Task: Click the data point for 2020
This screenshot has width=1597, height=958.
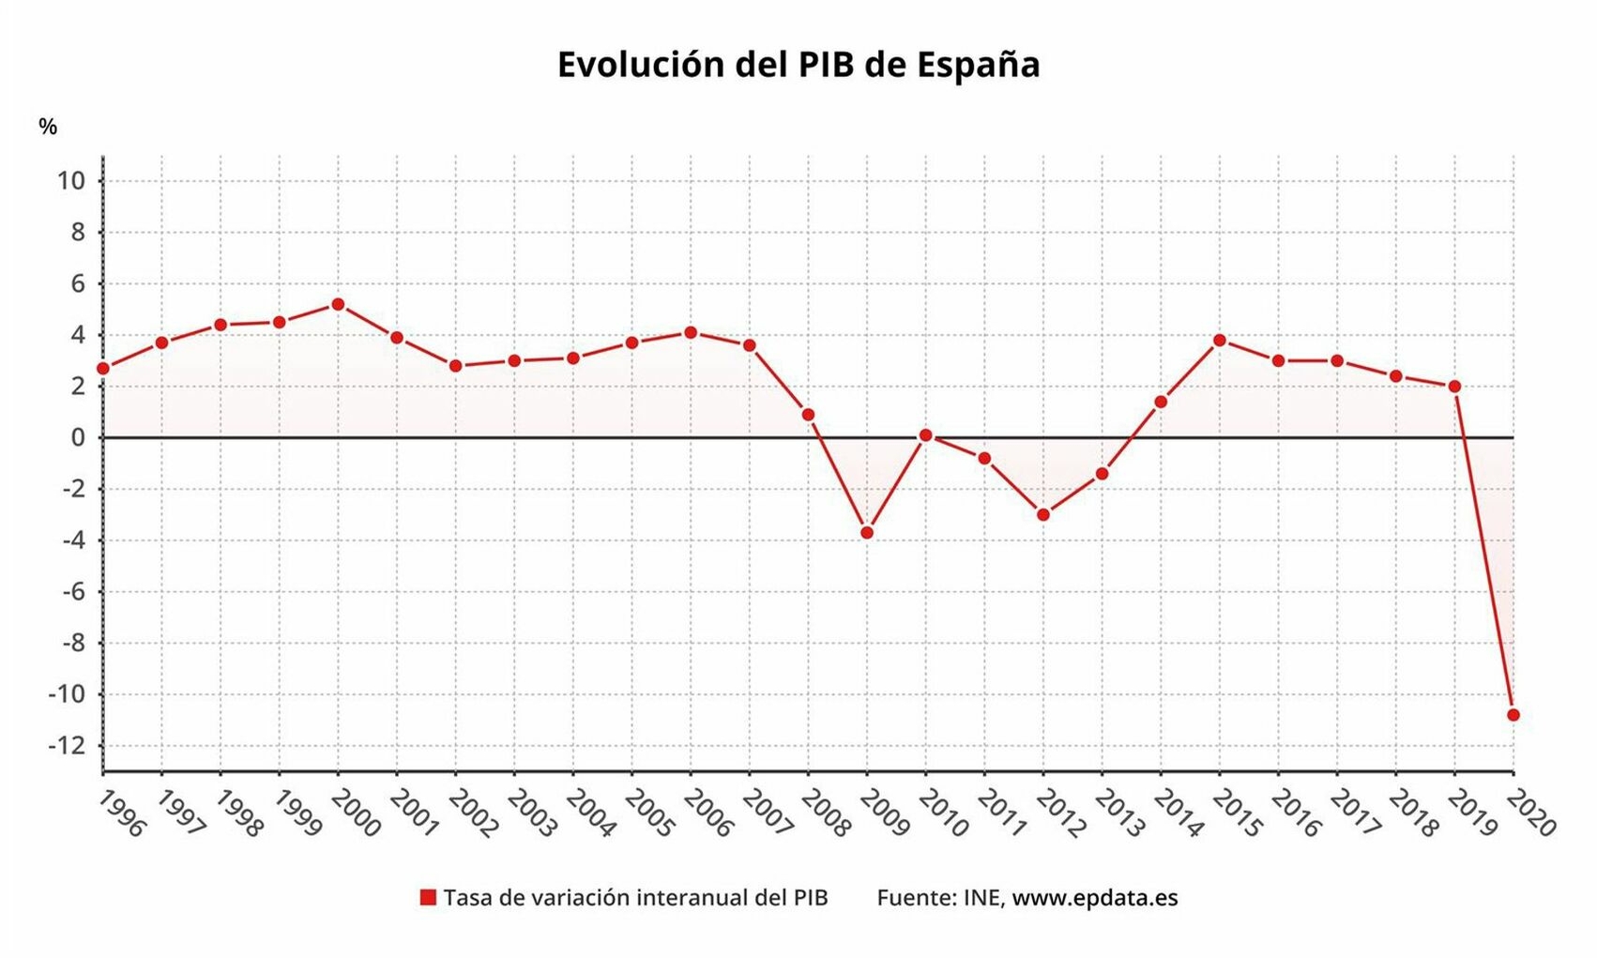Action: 1513,715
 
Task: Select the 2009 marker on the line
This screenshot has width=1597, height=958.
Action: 867,533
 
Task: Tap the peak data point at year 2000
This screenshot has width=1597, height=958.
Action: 338,304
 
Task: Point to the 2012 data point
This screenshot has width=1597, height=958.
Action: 1043,514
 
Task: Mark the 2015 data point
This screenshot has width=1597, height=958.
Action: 1219,340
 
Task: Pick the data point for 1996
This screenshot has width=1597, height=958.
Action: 103,369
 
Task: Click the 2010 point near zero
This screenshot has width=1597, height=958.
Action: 925,435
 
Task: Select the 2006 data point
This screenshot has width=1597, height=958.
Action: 691,332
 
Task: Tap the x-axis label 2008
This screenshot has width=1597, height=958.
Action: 826,813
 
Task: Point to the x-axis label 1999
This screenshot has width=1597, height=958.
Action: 297,813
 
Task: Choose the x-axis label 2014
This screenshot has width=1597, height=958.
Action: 1179,813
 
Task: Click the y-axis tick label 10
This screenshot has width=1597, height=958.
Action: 71,181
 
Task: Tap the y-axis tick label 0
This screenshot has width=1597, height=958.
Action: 78,437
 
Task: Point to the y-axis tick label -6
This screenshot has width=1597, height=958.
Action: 73,592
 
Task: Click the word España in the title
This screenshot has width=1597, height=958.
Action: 978,65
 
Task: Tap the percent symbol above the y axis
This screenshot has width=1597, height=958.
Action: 48,127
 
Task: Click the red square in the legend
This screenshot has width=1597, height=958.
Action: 428,898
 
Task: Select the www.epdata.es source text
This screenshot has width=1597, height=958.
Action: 1094,898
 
